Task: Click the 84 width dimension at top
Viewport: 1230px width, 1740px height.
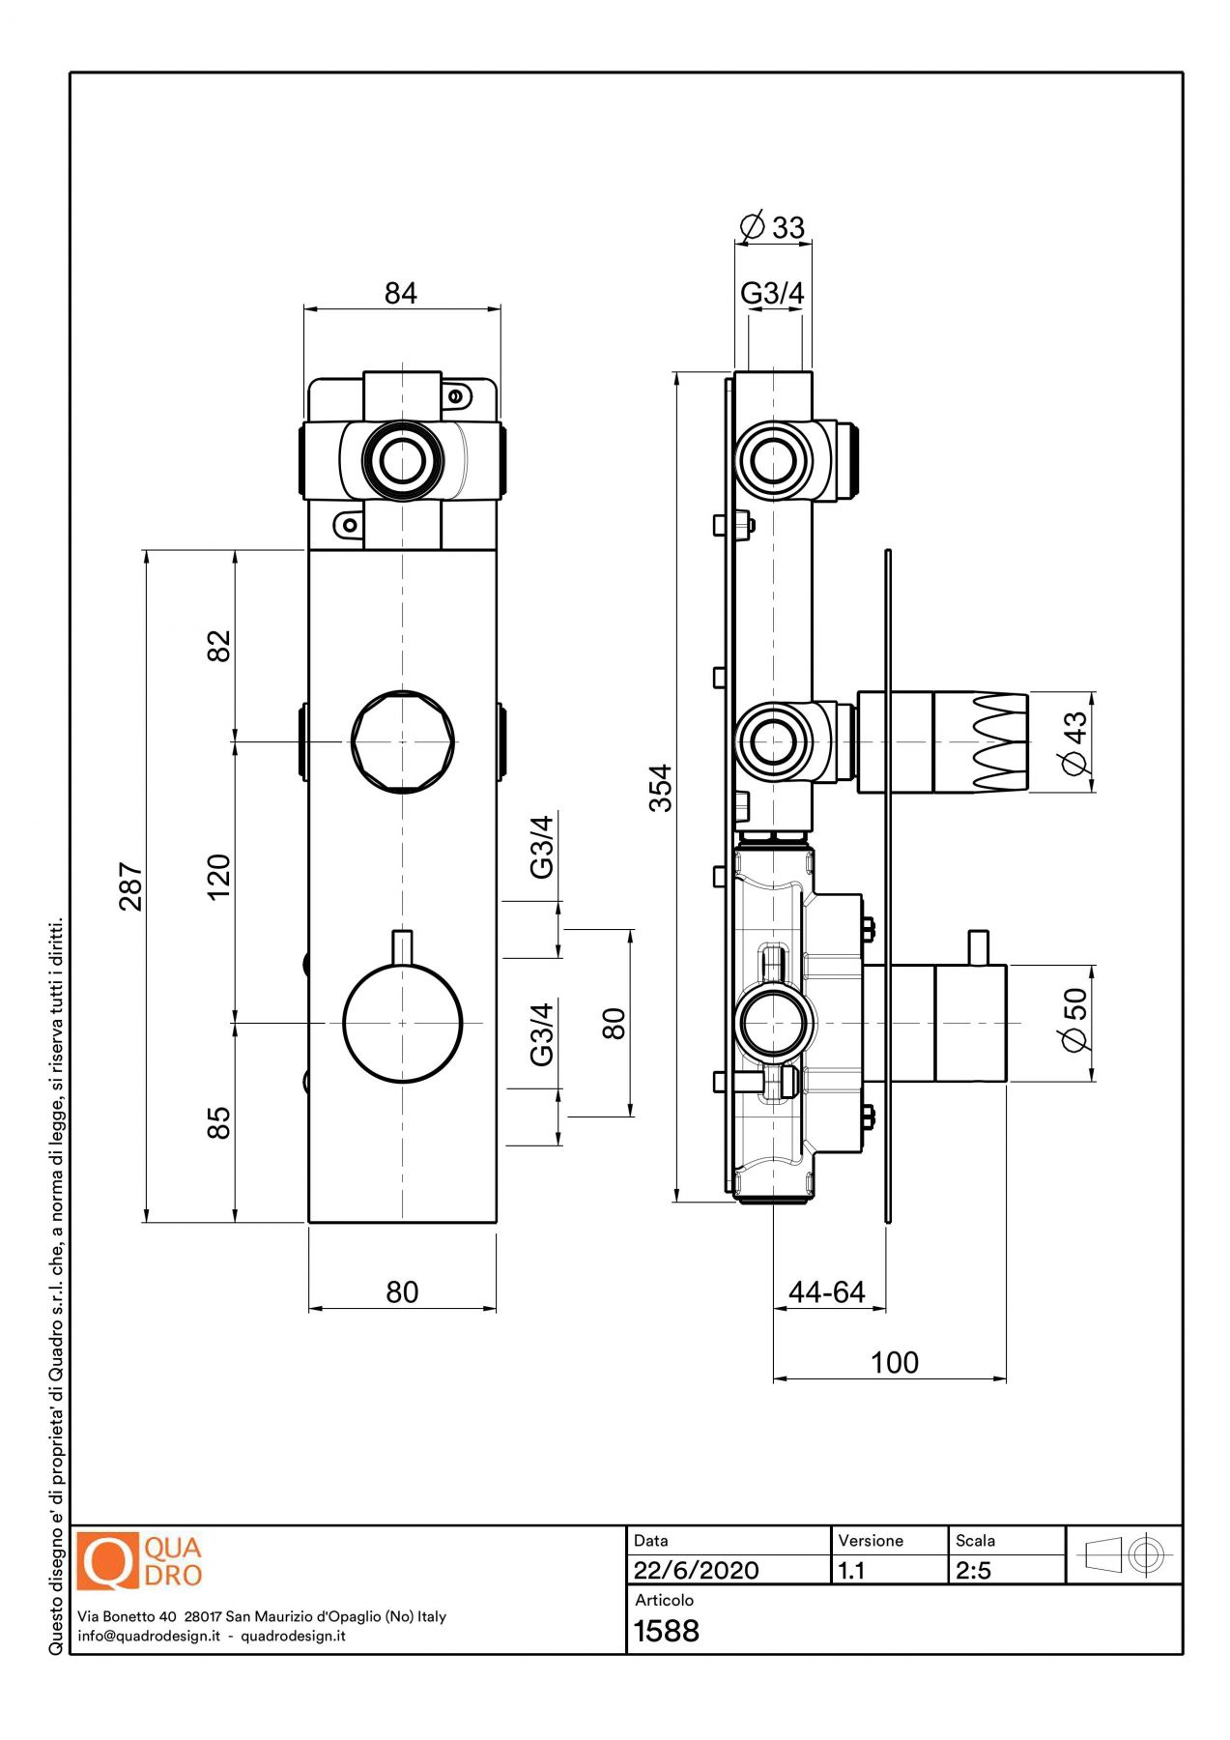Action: pos(400,293)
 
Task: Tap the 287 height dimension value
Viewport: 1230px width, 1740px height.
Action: pos(130,886)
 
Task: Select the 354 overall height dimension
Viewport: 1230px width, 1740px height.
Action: pos(660,788)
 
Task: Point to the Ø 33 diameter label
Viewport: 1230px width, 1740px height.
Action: pos(772,227)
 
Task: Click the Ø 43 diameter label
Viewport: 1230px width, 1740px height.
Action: pos(1074,742)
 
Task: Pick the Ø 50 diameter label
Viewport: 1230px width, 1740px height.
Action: pos(1074,1019)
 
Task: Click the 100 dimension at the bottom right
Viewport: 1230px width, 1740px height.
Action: pos(894,1362)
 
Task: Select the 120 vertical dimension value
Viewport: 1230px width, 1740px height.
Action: pos(219,876)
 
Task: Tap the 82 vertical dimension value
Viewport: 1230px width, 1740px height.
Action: pos(219,646)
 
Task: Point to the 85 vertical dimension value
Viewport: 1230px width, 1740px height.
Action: pos(219,1122)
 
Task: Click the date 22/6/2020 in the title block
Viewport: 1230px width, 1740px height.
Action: pos(696,1570)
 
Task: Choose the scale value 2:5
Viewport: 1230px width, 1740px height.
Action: pos(973,1570)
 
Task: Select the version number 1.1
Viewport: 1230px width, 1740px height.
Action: pos(851,1570)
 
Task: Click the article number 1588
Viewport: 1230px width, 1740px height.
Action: pos(666,1631)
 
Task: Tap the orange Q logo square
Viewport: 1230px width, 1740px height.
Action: pos(107,1561)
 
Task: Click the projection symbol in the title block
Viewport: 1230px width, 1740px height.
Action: pos(1124,1555)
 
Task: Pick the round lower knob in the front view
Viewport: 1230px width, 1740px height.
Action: pos(403,1023)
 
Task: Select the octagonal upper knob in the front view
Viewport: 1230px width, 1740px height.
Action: pos(403,741)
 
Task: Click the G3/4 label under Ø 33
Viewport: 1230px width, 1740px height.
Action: pos(771,292)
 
